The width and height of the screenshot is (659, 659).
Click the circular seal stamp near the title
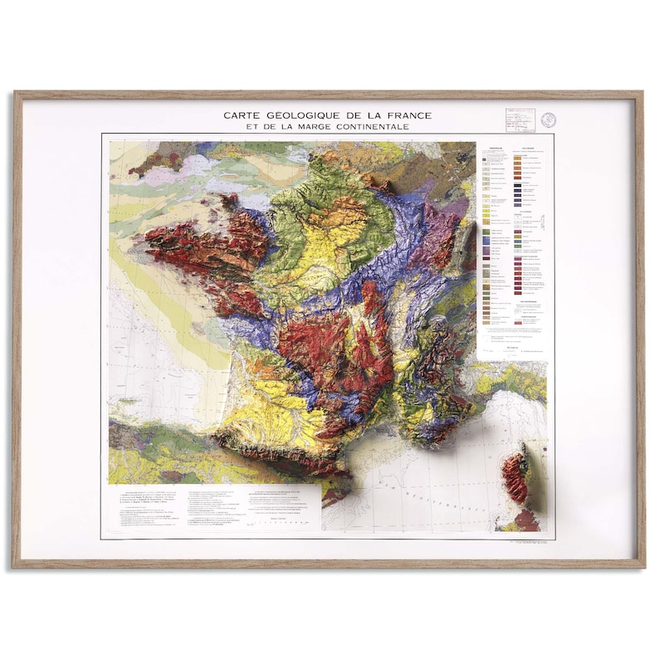click(x=548, y=120)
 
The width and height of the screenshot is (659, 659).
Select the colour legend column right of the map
click(x=515, y=241)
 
